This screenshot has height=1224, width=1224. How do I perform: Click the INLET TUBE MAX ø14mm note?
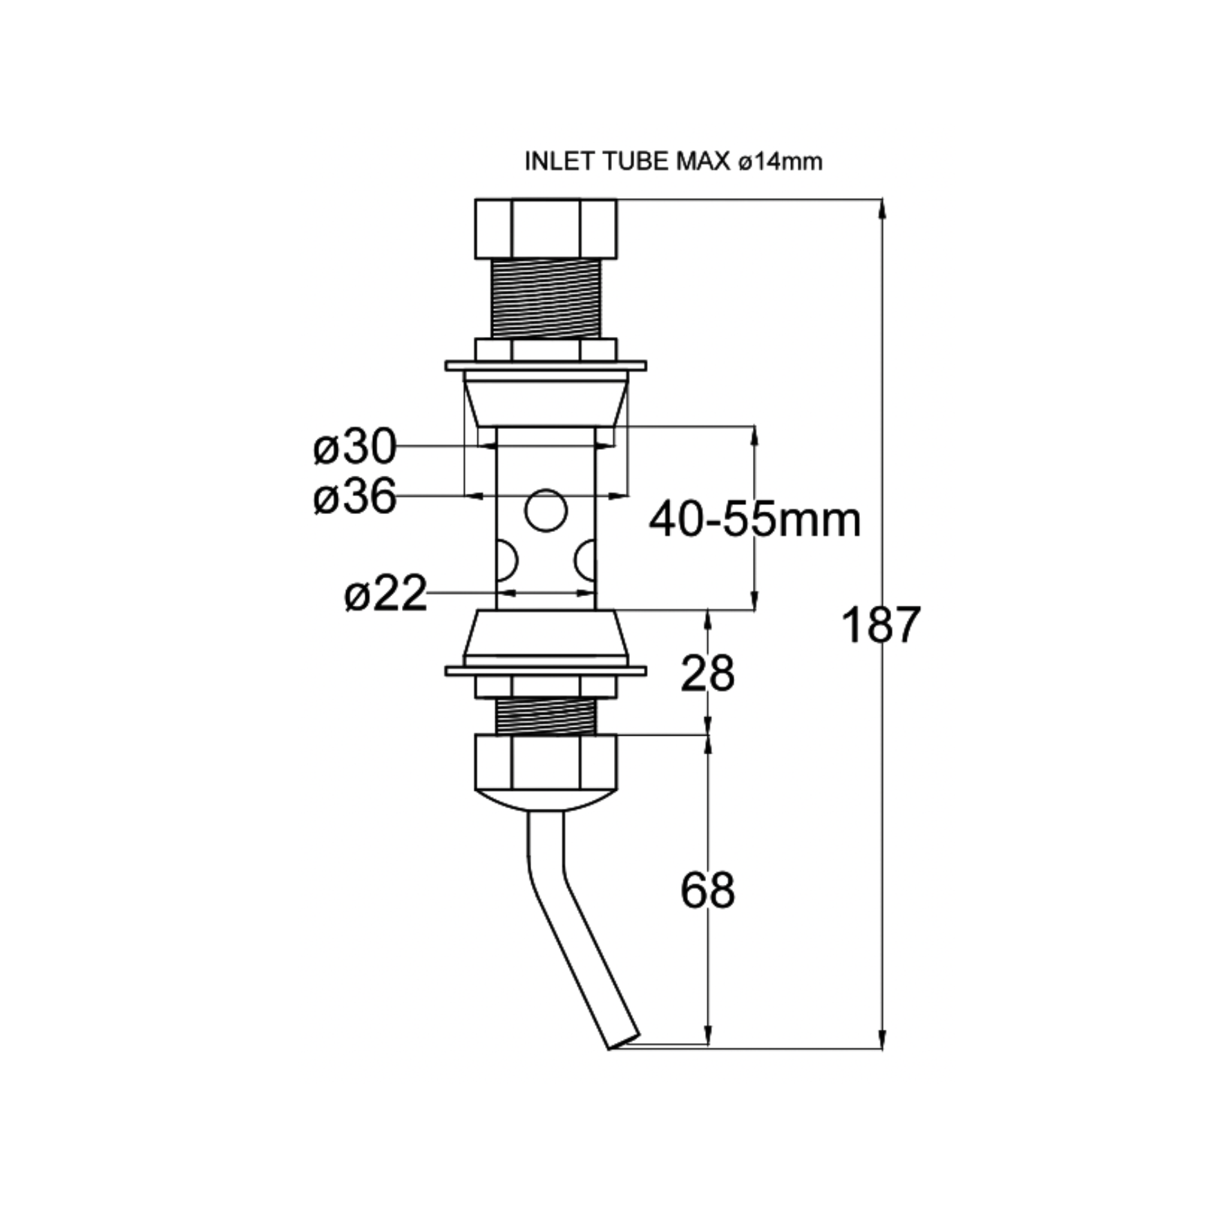(673, 162)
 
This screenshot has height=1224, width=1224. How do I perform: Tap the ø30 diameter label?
(354, 447)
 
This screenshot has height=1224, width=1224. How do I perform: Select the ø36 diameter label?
(354, 496)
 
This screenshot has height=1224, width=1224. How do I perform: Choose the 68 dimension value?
(707, 890)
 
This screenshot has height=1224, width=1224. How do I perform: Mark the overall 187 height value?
(881, 624)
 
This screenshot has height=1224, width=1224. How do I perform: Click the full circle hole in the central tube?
(546, 510)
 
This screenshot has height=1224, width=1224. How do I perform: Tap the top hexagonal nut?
(546, 229)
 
